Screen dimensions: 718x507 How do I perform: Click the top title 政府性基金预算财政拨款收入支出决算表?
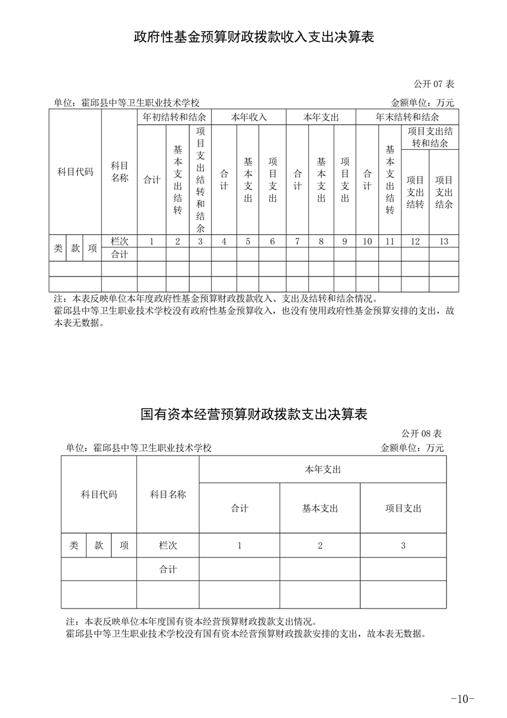tap(253, 37)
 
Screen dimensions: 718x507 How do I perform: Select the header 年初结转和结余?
tap(174, 118)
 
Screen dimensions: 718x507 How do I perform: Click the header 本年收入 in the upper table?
tap(249, 118)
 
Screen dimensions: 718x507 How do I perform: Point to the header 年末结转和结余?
tap(407, 118)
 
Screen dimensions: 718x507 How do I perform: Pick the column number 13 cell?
tap(444, 241)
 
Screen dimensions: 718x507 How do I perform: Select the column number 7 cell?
tap(297, 241)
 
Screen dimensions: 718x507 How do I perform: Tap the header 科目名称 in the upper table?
tap(120, 172)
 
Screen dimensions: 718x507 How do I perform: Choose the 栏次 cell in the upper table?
tap(120, 241)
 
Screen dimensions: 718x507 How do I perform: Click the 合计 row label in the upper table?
tap(120, 254)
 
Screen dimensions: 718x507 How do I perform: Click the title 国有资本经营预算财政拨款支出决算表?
tap(253, 415)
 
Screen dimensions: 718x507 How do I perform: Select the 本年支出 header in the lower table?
tap(322, 470)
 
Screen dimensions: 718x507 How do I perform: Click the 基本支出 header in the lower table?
tap(320, 508)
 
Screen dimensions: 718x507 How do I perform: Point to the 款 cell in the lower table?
tap(99, 545)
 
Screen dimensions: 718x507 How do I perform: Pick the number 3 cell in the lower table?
tap(403, 545)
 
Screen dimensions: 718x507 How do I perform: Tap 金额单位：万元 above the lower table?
tap(412, 447)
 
